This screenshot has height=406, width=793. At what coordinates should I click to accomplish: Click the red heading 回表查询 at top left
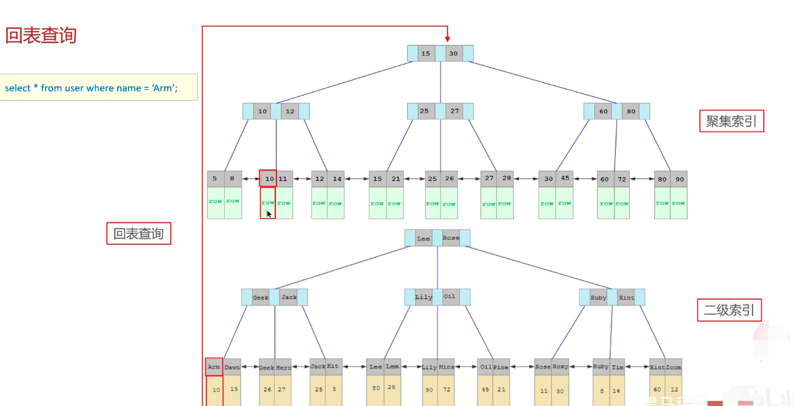coord(41,35)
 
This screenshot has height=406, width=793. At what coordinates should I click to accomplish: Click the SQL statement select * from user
coord(91,88)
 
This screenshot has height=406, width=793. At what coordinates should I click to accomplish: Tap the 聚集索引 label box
coord(731,121)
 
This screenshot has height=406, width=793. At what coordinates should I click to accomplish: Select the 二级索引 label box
coord(729,311)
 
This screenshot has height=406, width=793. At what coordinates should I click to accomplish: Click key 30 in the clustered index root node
coord(454,54)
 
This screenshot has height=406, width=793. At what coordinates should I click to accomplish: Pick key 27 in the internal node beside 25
coord(455,111)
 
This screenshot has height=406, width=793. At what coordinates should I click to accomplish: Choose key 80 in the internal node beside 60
coord(631,111)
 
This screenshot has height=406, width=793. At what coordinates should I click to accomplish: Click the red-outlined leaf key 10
coord(268,179)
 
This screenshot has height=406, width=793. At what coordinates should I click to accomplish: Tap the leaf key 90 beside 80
coord(678,179)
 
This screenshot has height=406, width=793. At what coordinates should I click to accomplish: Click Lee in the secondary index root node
coord(423,238)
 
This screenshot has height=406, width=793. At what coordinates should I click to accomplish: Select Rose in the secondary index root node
coord(451,238)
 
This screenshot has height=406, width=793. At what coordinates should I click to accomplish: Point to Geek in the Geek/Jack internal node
coord(261,297)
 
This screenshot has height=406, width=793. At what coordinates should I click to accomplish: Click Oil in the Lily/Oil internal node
coord(450,297)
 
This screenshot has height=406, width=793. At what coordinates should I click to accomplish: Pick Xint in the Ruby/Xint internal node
coord(626,297)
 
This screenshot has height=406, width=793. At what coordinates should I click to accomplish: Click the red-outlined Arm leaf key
coord(214,367)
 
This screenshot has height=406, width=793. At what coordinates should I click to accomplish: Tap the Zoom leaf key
coord(673,367)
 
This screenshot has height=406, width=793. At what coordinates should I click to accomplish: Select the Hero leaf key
coord(284,367)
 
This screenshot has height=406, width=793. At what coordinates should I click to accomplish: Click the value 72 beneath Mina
coord(446,390)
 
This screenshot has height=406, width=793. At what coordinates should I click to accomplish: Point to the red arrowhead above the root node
coord(447,39)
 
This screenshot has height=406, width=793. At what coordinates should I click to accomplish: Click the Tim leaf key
coord(618,367)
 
